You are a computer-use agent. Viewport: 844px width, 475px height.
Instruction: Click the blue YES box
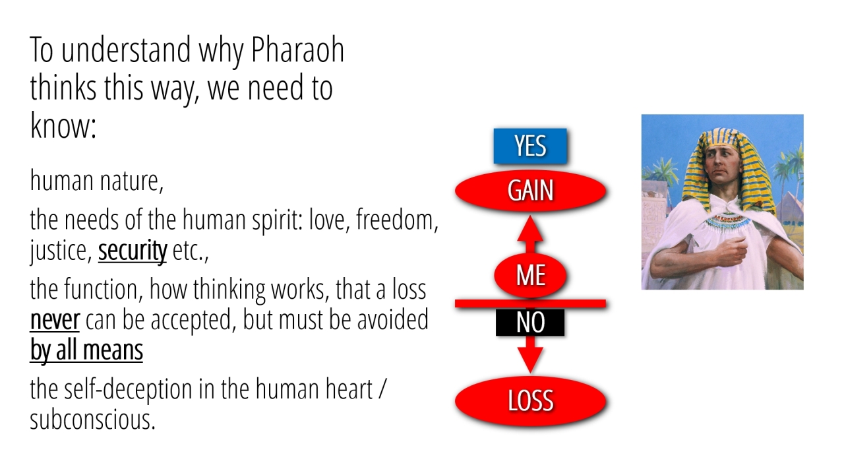(529, 146)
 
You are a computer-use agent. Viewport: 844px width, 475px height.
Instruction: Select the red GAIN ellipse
(530, 191)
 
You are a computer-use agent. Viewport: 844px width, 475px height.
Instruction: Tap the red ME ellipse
(530, 275)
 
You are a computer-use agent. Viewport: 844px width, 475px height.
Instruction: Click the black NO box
(529, 323)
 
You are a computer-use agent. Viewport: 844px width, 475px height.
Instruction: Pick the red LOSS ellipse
(530, 400)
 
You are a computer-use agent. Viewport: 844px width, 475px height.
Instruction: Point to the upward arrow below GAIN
(530, 234)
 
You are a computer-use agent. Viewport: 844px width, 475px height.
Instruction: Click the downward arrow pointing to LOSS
(530, 354)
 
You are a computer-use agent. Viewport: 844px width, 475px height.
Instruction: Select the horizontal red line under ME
(530, 303)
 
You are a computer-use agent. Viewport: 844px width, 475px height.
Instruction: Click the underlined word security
(133, 251)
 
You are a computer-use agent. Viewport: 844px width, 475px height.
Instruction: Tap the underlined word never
(55, 320)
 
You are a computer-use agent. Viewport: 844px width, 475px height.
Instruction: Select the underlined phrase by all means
(86, 350)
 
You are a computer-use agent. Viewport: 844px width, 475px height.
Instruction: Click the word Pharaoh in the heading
(297, 49)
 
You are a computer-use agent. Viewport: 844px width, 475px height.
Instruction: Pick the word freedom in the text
(397, 220)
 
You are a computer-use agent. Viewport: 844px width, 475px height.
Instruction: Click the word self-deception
(128, 389)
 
